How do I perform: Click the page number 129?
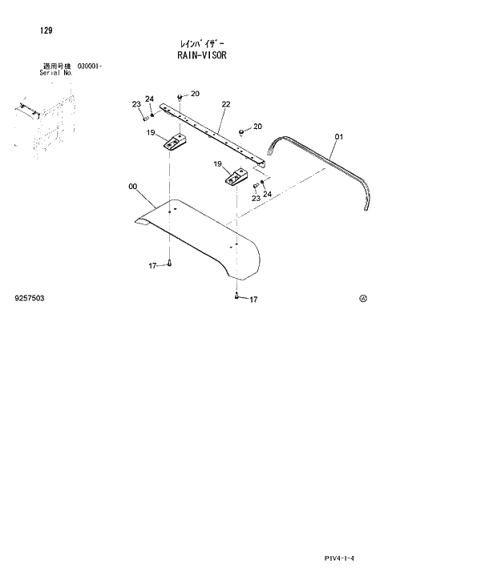pos(46,30)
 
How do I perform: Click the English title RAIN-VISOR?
pos(202,58)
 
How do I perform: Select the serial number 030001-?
pos(89,66)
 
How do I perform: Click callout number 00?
pos(132,189)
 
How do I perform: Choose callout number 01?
pos(338,137)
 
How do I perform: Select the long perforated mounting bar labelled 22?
pos(212,132)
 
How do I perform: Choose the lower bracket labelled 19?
pos(237,179)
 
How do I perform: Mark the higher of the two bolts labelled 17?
pos(171,264)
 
